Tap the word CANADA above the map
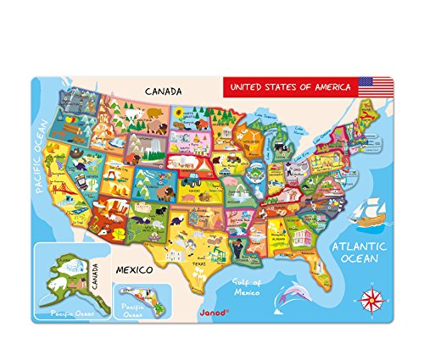166,90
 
